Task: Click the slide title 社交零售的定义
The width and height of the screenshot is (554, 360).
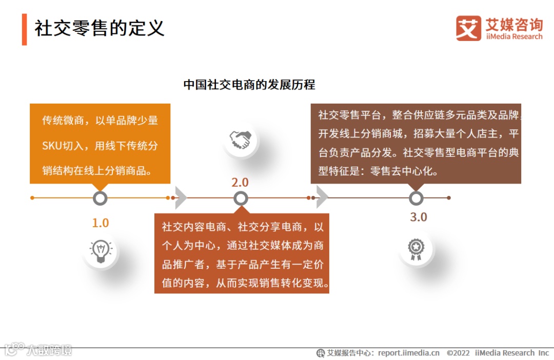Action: coord(100,28)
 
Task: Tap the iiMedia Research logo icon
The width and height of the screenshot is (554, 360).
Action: coord(468,28)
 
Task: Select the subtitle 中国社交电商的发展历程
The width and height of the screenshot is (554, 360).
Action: coord(249,85)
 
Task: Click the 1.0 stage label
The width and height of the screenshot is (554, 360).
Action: coord(101,223)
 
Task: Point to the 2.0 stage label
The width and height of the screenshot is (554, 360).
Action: coord(240,183)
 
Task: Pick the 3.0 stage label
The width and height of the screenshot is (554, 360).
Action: coord(418,217)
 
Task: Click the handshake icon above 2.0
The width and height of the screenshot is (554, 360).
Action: coord(240,139)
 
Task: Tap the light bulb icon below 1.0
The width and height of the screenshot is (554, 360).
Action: coord(101,252)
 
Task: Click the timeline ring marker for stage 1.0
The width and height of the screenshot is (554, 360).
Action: coord(100,198)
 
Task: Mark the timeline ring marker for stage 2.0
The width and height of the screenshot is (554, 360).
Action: coord(241,198)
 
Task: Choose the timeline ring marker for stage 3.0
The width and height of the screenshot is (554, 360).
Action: coord(416,198)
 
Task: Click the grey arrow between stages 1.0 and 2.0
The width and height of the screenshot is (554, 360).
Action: coord(181,198)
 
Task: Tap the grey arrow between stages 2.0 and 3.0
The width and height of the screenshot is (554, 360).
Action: coord(321,198)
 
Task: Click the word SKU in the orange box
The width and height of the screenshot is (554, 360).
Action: coord(51,146)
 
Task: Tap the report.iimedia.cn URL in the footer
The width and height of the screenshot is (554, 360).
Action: coord(409,353)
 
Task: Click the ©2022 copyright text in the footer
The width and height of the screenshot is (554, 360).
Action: coord(458,353)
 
